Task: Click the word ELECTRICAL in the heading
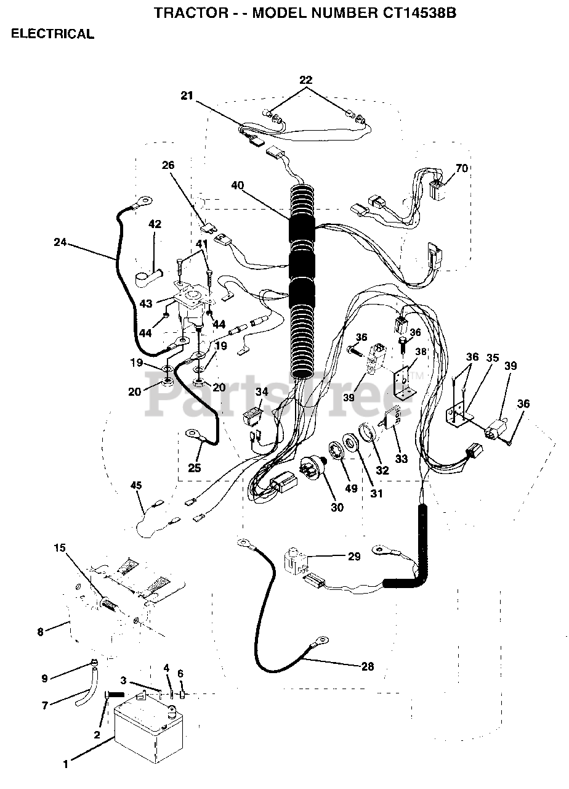click(x=52, y=35)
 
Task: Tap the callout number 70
click(x=461, y=168)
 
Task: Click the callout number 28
click(x=367, y=666)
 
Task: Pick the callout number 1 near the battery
click(x=65, y=765)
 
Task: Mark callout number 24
click(x=60, y=242)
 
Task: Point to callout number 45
click(x=136, y=485)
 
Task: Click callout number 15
click(x=59, y=547)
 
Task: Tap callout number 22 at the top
click(x=306, y=80)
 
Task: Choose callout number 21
click(x=187, y=95)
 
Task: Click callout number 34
click(x=262, y=391)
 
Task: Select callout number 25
click(x=195, y=468)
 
